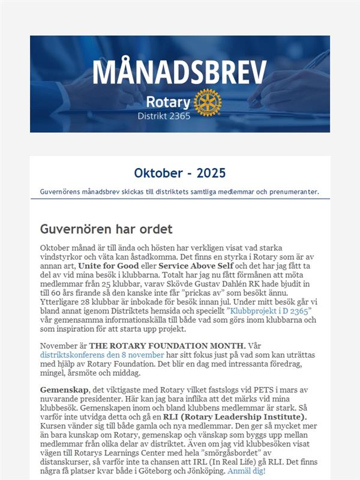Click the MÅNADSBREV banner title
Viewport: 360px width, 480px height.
point(179,73)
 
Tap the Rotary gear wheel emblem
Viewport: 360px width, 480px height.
point(208,103)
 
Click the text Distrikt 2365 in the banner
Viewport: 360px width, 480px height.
point(164,116)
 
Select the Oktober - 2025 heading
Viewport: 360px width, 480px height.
point(180,173)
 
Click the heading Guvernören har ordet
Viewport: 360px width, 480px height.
point(106,229)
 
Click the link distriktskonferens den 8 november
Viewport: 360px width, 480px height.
point(101,355)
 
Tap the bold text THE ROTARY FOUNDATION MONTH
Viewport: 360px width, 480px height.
point(167,346)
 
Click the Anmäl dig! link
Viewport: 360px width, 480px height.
point(245,471)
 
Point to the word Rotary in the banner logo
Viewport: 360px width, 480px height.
point(168,101)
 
